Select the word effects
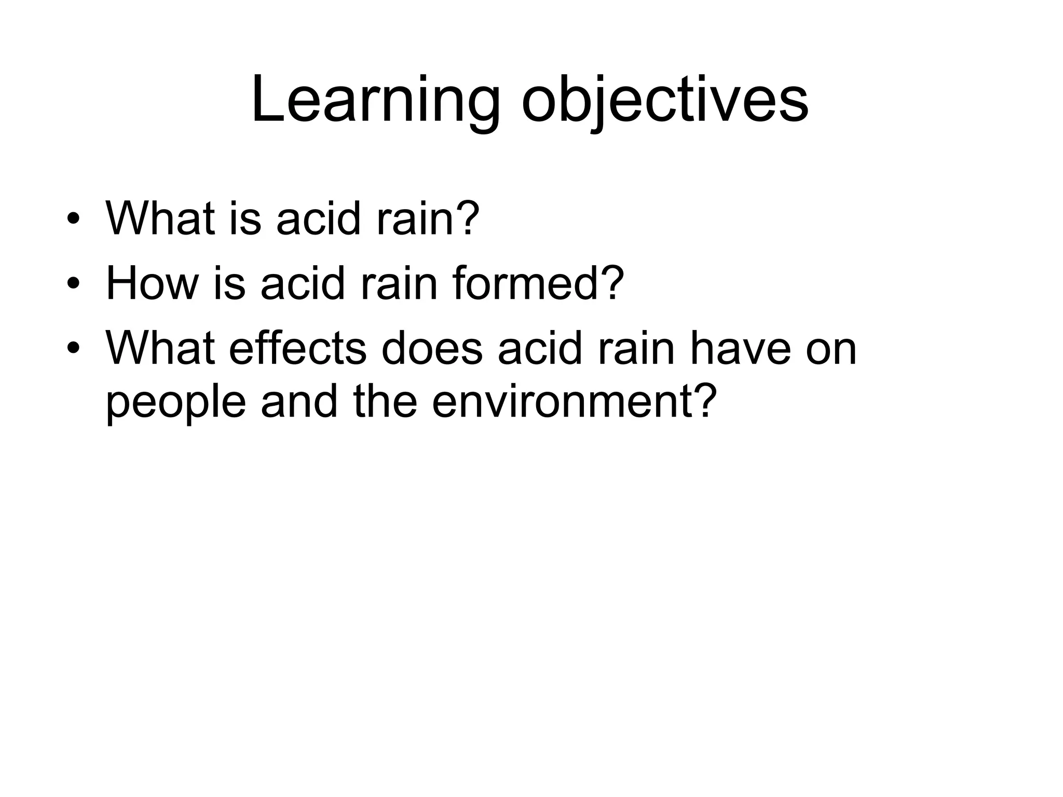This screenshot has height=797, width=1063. coord(297,348)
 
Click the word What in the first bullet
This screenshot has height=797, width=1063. coord(159,217)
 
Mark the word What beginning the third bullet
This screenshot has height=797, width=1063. coord(159,348)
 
